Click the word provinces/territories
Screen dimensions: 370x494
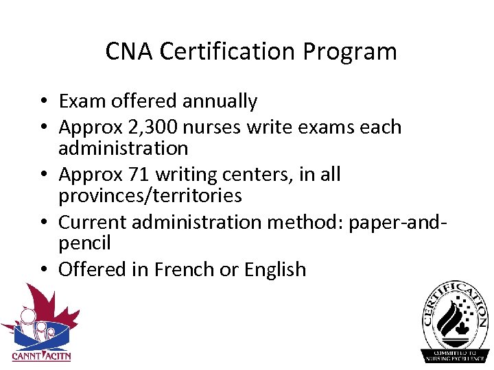click(150, 196)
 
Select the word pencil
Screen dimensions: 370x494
click(84, 243)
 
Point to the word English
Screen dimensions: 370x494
click(274, 269)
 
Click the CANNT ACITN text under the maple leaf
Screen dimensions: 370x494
click(40, 356)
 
